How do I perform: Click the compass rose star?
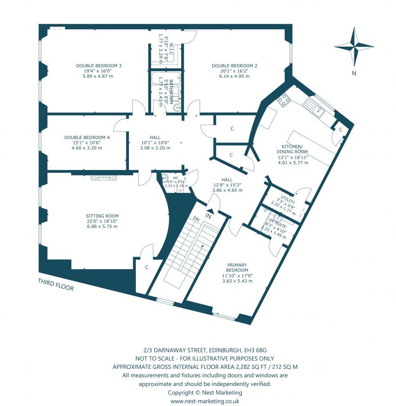[x=354, y=46]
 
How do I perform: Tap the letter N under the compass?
[x=354, y=74]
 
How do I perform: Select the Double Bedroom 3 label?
[x=99, y=70]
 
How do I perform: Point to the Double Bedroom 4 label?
[x=87, y=142]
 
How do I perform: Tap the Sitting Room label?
[x=102, y=221]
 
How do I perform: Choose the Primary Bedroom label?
[x=237, y=273]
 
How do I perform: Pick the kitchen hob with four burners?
[x=283, y=99]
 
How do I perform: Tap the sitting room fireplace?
[x=104, y=177]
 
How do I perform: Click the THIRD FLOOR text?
[x=56, y=285]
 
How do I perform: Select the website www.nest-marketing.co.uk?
[x=205, y=401]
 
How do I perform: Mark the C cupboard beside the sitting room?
[x=146, y=267]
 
